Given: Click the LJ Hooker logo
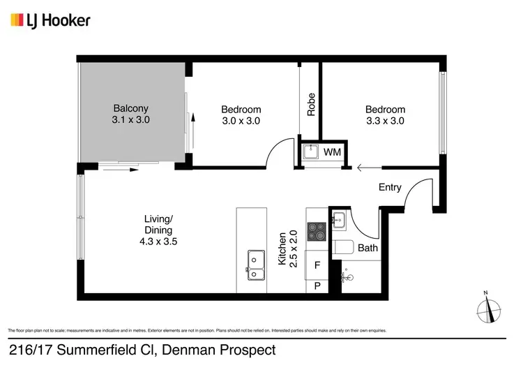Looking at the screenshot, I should [50, 20].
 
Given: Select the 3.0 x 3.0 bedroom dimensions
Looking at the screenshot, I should [241, 121].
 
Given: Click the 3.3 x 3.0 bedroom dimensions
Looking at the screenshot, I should [386, 121].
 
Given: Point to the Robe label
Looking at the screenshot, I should [311, 104].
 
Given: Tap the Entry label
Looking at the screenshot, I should [390, 187].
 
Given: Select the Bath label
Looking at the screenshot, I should [367, 248].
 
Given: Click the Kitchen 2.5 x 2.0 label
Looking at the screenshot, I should [288, 249].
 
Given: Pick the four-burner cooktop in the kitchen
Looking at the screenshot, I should [317, 231].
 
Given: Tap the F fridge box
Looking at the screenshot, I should [317, 265].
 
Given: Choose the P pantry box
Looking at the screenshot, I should [317, 286].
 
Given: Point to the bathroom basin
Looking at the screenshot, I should [339, 221].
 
